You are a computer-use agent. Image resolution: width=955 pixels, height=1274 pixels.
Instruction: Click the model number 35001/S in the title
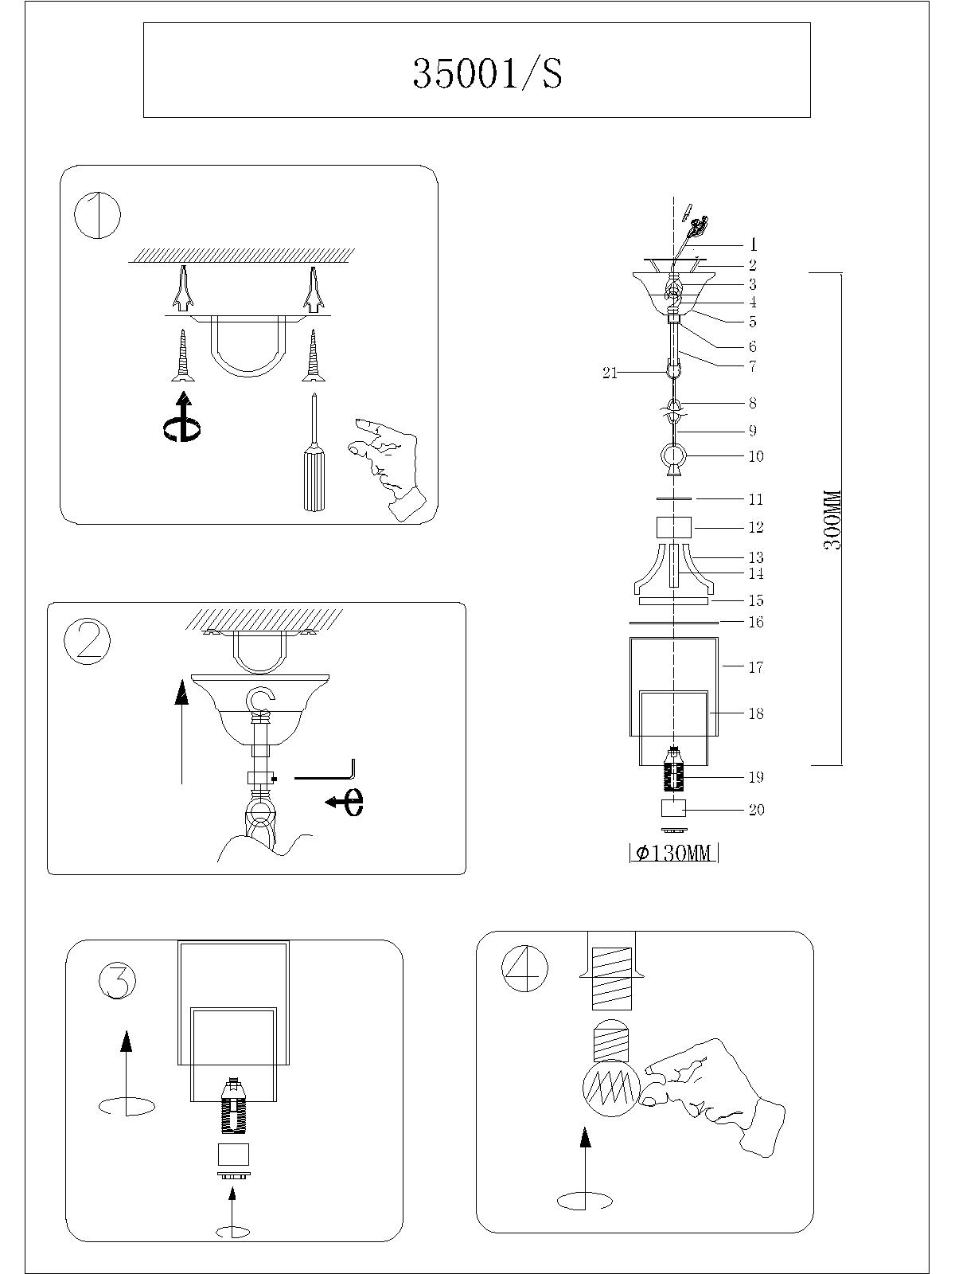point(487,73)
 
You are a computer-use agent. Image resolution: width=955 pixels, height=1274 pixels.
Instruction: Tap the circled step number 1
point(97,214)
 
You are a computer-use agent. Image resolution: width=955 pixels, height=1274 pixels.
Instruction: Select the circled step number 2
point(87,641)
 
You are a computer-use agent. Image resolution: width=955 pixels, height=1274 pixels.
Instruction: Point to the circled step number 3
point(118,980)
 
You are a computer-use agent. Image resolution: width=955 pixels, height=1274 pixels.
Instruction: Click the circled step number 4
point(525,967)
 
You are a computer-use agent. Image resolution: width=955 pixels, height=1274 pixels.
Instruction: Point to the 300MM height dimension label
point(832,519)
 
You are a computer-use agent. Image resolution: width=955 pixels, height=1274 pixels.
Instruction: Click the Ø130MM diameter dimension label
point(674,854)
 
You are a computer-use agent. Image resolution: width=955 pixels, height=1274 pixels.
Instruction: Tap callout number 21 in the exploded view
point(610,372)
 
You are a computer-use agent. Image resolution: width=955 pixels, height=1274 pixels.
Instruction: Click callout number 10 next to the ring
point(756,456)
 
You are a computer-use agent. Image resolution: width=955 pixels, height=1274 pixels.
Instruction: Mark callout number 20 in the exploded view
point(756,810)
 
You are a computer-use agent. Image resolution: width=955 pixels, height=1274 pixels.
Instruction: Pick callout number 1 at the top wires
point(753,245)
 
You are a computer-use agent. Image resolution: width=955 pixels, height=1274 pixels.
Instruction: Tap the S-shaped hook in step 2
point(260,702)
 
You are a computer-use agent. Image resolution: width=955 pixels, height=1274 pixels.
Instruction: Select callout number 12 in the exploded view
point(756,527)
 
